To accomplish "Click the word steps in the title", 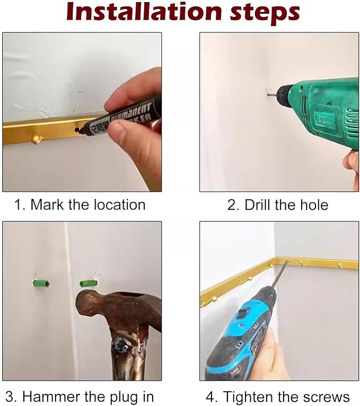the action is point(265,13).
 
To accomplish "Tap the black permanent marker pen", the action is point(121,115).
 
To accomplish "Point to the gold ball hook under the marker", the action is point(36,139).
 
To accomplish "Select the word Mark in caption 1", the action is point(47,204).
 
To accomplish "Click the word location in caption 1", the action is point(119,204).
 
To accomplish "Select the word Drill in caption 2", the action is point(258,205).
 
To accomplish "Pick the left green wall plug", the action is point(41,283).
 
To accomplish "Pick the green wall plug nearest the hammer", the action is point(89,283).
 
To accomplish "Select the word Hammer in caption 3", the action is point(51,396).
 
